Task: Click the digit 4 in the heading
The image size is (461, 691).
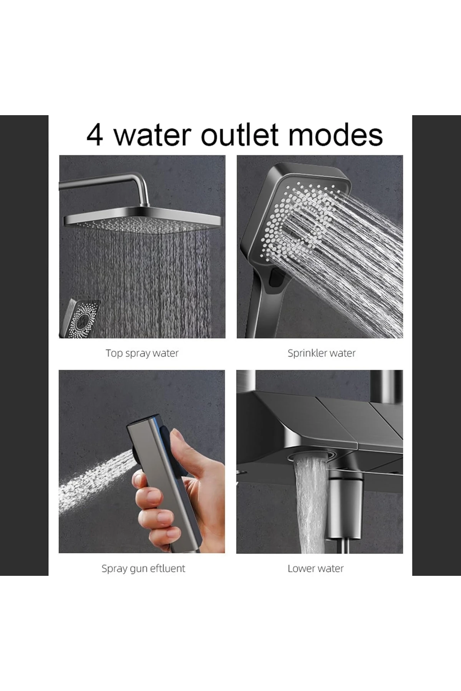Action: click(95, 135)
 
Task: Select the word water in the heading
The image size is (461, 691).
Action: click(153, 135)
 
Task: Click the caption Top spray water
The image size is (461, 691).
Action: click(142, 353)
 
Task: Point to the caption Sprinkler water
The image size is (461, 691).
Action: click(322, 353)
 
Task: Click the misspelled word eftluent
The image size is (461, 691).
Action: click(167, 568)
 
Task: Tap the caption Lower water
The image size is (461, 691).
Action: click(315, 569)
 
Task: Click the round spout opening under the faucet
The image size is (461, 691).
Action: click(310, 456)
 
